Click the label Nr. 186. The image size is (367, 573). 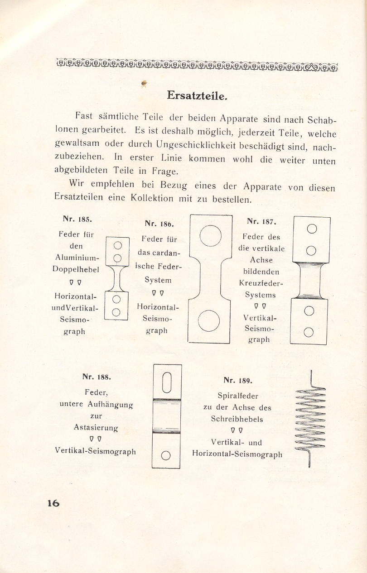[159, 224]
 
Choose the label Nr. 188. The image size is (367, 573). [96, 377]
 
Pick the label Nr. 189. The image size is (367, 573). [238, 380]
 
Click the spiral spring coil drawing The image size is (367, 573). [311, 419]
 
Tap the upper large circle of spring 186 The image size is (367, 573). [210, 235]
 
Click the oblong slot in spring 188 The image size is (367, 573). [166, 382]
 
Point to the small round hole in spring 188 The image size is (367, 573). [166, 455]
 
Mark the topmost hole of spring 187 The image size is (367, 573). [311, 229]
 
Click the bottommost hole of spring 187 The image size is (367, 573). [310, 333]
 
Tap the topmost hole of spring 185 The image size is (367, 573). [117, 246]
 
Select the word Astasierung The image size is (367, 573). [96, 427]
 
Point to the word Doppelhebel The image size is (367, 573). [76, 269]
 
